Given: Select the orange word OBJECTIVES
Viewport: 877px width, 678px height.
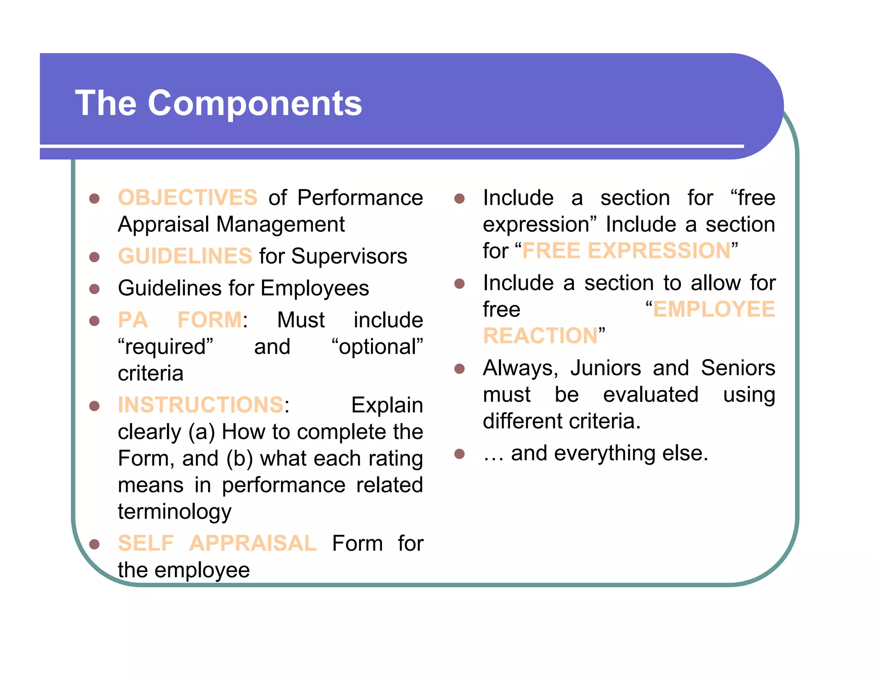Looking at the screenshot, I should point(188,198).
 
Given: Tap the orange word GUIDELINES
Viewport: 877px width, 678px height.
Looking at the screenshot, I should point(185,256).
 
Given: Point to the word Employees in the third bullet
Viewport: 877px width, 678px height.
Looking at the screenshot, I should point(315,288).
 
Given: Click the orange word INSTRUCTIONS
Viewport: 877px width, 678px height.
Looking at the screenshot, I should point(200,405).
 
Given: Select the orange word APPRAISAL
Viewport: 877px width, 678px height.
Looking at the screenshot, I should point(253,543).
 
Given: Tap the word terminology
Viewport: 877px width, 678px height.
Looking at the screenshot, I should point(174,512).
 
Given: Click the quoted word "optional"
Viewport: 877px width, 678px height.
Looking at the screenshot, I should point(377,347).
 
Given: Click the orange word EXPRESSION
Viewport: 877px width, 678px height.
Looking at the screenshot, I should point(659,251).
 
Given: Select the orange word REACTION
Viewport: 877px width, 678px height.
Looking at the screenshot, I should point(540,336).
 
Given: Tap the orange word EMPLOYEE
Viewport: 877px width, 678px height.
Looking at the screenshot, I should point(714,309).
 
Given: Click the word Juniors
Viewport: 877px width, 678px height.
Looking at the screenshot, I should point(606,368).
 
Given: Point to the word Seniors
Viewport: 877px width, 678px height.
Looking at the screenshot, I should point(738,368).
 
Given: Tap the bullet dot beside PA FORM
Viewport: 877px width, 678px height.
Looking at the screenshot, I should point(94,321).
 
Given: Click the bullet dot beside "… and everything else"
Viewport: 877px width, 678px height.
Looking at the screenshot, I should point(459,454).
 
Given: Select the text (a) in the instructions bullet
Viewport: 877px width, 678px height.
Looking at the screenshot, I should point(201,432).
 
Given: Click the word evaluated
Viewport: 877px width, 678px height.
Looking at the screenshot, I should point(650,395).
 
